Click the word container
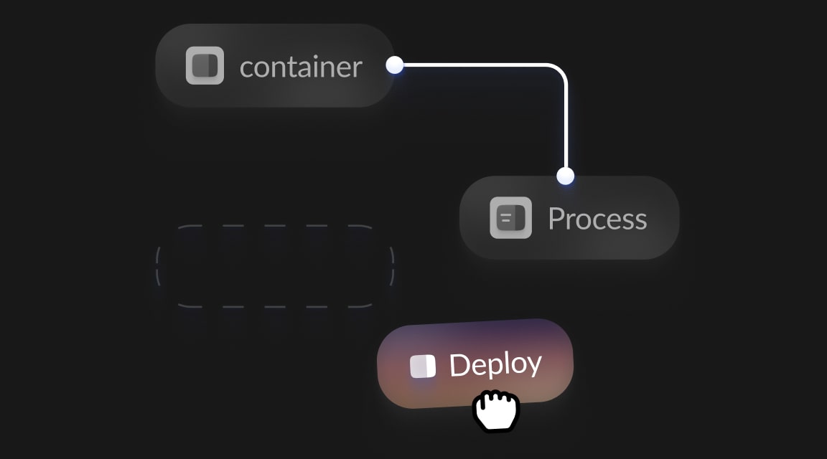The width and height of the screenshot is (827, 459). pos(301,67)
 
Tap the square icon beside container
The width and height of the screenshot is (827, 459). pos(205,65)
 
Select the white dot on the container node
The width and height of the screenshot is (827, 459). pos(394,65)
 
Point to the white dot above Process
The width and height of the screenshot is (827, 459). pos(566,175)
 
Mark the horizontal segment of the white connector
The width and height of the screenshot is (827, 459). pos(474,65)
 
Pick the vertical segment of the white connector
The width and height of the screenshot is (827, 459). pos(566,122)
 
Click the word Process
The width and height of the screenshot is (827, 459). pos(597,219)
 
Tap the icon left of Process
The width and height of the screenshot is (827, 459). pos(510,217)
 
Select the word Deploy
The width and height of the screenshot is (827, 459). pos(495,364)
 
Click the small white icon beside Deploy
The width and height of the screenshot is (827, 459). pos(423,366)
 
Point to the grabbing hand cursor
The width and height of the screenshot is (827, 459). pos(496,411)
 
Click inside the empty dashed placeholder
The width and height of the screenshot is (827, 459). pos(275,266)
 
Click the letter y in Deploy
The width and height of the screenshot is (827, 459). pos(532,364)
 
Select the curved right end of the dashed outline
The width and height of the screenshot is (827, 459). pos(391,266)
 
